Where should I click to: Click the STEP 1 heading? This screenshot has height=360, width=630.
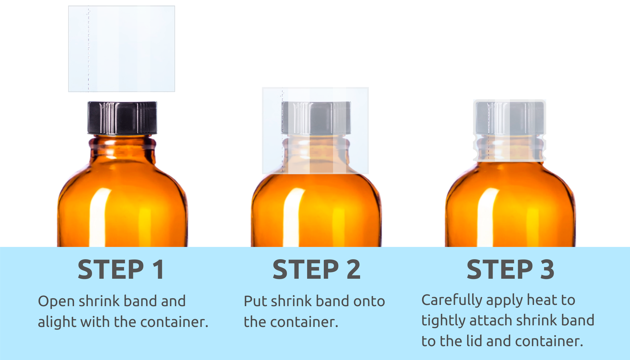point(121,270)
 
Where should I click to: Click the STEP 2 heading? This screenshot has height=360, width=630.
point(317,270)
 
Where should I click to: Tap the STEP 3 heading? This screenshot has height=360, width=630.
point(510,270)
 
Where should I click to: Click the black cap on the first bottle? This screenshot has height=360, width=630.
point(122,118)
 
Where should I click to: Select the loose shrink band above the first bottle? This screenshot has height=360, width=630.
point(122,49)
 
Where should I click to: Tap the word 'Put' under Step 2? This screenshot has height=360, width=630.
point(255,301)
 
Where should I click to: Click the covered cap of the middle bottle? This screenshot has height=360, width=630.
point(316,118)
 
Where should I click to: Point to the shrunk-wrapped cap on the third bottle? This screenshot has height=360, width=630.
point(510,118)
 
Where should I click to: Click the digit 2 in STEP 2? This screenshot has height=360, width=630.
point(353,270)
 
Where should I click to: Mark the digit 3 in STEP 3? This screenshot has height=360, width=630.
point(547,270)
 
